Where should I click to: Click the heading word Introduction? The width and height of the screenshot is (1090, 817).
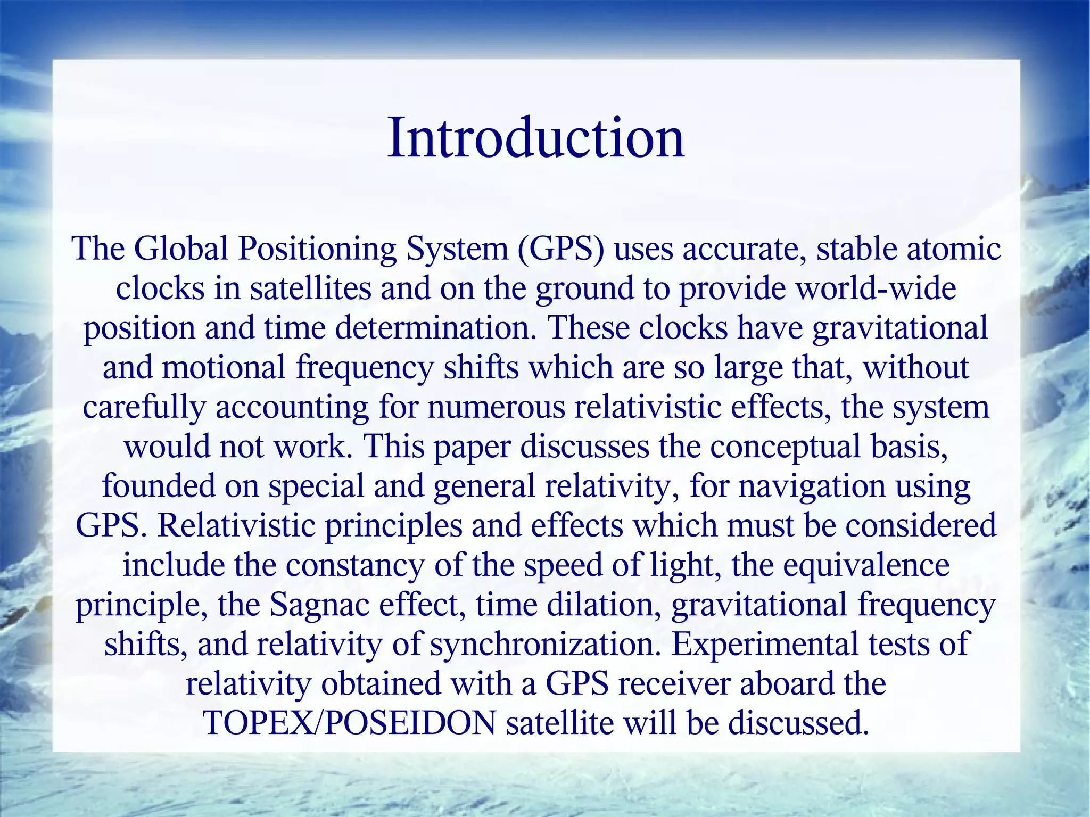[535, 138]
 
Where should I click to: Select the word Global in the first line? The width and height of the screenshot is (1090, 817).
[180, 249]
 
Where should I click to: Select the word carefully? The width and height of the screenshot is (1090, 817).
[144, 407]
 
